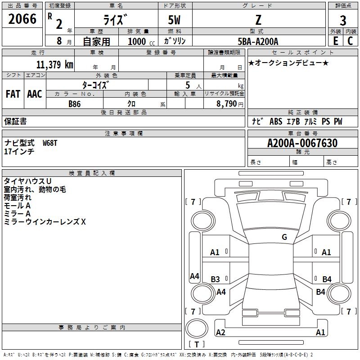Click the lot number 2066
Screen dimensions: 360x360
(22, 18)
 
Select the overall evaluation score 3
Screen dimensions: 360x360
(343, 21)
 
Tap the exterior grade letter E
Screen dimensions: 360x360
(335, 41)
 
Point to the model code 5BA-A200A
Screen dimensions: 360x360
(258, 41)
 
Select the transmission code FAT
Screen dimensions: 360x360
(13, 94)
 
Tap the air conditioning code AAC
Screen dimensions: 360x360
(35, 94)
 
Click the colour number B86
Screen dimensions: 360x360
(75, 104)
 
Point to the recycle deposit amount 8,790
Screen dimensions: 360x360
(227, 104)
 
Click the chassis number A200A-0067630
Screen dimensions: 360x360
(302, 143)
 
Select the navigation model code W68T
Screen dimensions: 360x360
(50, 143)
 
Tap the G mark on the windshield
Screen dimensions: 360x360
(284, 237)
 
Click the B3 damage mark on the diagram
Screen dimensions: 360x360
(216, 279)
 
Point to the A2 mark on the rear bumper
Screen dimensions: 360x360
(220, 333)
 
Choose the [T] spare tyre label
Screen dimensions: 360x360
(196, 345)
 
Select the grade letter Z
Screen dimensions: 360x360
(258, 21)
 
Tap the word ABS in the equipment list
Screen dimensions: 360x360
(275, 121)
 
